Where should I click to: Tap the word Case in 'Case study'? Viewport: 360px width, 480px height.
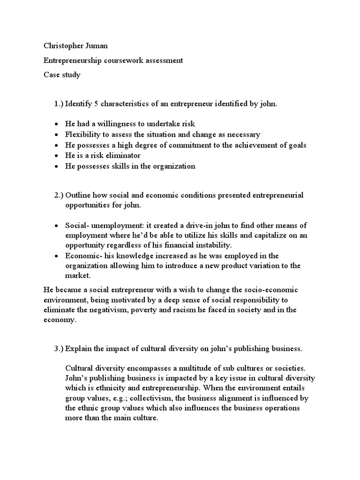click(x=52, y=75)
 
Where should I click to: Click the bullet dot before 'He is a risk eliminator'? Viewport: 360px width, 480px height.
click(x=56, y=156)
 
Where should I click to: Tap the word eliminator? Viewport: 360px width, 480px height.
click(x=123, y=156)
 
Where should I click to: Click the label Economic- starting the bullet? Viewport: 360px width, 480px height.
click(x=84, y=256)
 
